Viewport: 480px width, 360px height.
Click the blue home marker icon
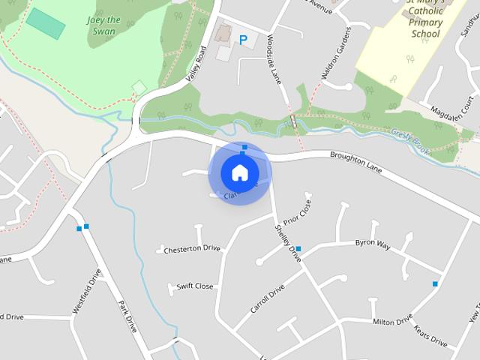click(x=239, y=172)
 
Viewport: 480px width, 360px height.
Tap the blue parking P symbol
click(x=242, y=40)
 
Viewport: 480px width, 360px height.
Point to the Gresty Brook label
click(x=409, y=142)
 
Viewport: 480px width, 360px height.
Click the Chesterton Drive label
click(x=192, y=249)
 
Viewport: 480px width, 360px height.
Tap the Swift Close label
click(x=194, y=286)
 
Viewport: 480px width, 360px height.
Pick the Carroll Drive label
click(x=268, y=298)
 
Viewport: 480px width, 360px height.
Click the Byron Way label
click(x=373, y=244)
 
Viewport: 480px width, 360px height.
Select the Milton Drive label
click(x=392, y=321)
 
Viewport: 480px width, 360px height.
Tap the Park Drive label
click(x=127, y=316)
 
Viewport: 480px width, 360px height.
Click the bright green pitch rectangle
click(x=46, y=24)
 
